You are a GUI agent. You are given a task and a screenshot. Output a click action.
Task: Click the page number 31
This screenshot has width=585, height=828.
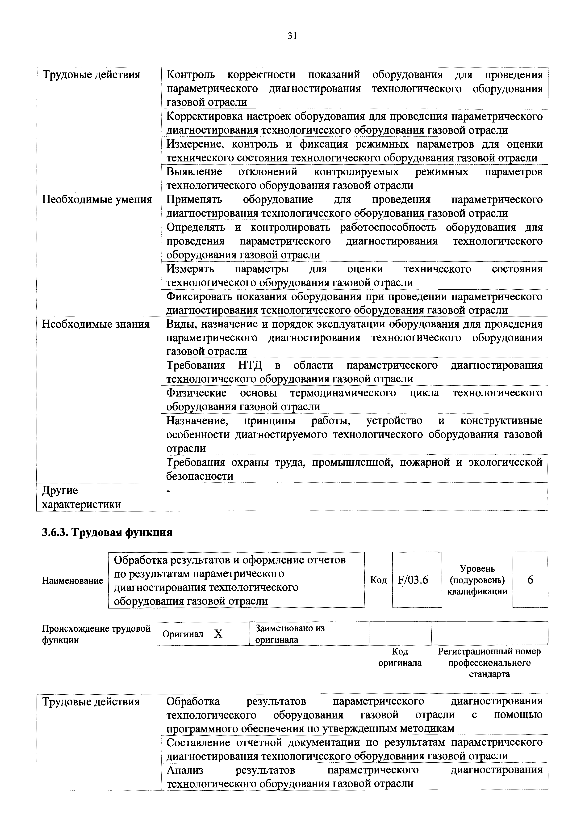click(292, 36)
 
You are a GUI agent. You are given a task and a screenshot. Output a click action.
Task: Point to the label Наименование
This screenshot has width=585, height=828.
click(72, 581)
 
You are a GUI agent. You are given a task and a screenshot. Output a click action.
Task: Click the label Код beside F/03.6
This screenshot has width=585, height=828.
click(378, 580)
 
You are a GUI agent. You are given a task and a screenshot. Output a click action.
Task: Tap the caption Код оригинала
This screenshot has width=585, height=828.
click(400, 657)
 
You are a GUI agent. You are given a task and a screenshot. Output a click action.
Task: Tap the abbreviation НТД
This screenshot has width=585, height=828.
click(250, 365)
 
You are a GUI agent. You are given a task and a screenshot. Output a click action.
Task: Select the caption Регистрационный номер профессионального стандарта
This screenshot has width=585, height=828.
click(489, 663)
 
